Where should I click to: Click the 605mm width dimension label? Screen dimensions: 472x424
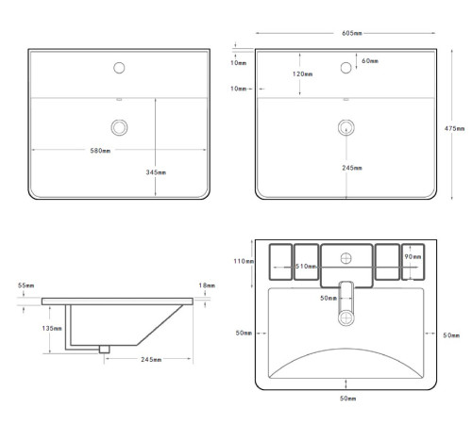click(352, 33)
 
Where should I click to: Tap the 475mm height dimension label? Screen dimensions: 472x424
click(454, 128)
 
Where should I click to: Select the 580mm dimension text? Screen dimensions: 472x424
click(100, 151)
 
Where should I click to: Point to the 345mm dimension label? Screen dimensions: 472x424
click(156, 172)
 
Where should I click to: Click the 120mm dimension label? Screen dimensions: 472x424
click(302, 74)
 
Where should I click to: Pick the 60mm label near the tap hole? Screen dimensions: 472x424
click(370, 61)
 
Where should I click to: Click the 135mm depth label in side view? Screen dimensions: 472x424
click(52, 328)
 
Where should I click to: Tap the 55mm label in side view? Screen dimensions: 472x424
click(25, 285)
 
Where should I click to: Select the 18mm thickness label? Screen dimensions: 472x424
click(207, 285)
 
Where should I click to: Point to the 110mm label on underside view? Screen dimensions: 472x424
click(244, 261)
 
